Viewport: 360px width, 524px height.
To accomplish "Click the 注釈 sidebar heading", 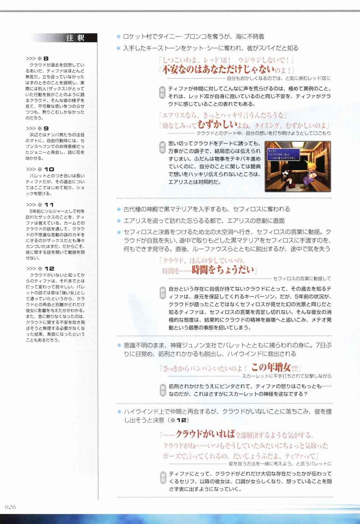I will (x=75, y=38).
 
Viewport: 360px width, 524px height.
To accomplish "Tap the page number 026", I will (x=11, y=507).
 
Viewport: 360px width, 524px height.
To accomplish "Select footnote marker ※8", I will (x=43, y=59).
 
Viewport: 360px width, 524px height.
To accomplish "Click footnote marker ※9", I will (x=43, y=128).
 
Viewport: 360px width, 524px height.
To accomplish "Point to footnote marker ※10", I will (x=46, y=169).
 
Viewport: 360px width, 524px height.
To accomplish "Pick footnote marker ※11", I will (x=46, y=205).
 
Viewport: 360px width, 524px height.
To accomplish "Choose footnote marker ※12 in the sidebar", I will (x=46, y=269).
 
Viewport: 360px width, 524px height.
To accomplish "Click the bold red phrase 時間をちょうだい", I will (x=223, y=270).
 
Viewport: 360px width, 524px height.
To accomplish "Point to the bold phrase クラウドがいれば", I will (x=205, y=434).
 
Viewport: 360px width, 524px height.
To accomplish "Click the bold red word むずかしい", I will (x=217, y=125).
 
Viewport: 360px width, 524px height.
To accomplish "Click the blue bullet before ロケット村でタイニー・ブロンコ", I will (x=118, y=37).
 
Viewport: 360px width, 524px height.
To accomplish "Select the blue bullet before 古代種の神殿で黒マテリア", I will (x=118, y=209).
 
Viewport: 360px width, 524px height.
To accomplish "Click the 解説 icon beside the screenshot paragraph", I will (x=162, y=146).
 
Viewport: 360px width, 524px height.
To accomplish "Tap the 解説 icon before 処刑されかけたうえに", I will (x=162, y=390).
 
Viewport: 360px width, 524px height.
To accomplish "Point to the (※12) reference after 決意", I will (x=178, y=420).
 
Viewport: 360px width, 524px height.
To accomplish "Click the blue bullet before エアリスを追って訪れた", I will (x=118, y=221).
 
